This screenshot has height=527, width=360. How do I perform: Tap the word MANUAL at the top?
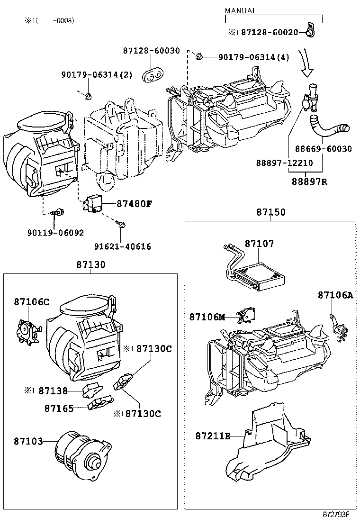[240, 11]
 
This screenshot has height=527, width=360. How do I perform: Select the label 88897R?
[309, 182]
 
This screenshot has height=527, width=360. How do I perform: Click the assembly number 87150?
[271, 212]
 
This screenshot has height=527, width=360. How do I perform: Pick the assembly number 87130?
[91, 264]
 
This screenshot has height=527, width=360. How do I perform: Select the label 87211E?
[213, 436]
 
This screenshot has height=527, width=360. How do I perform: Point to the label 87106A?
[335, 295]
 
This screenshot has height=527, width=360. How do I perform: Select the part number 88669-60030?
[324, 149]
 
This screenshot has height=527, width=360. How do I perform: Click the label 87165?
[59, 408]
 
